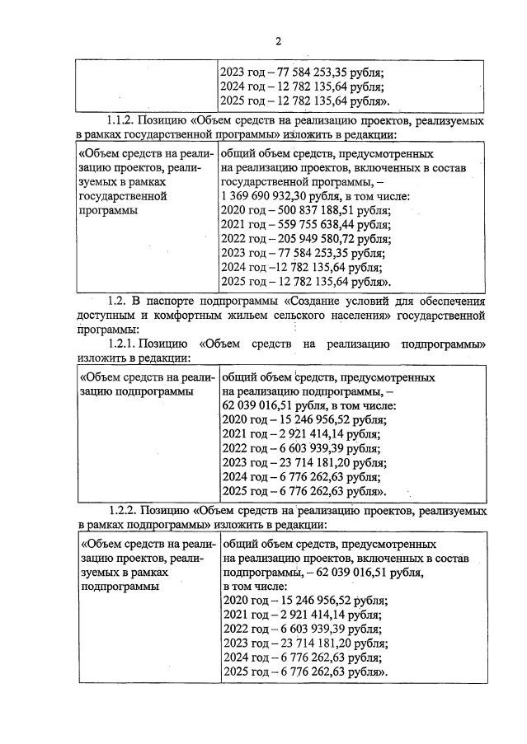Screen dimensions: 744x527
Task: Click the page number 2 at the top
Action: click(x=278, y=40)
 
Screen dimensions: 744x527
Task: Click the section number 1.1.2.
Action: click(x=123, y=120)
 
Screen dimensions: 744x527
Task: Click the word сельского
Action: click(x=311, y=315)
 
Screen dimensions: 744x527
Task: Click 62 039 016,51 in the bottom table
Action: click(x=343, y=572)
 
